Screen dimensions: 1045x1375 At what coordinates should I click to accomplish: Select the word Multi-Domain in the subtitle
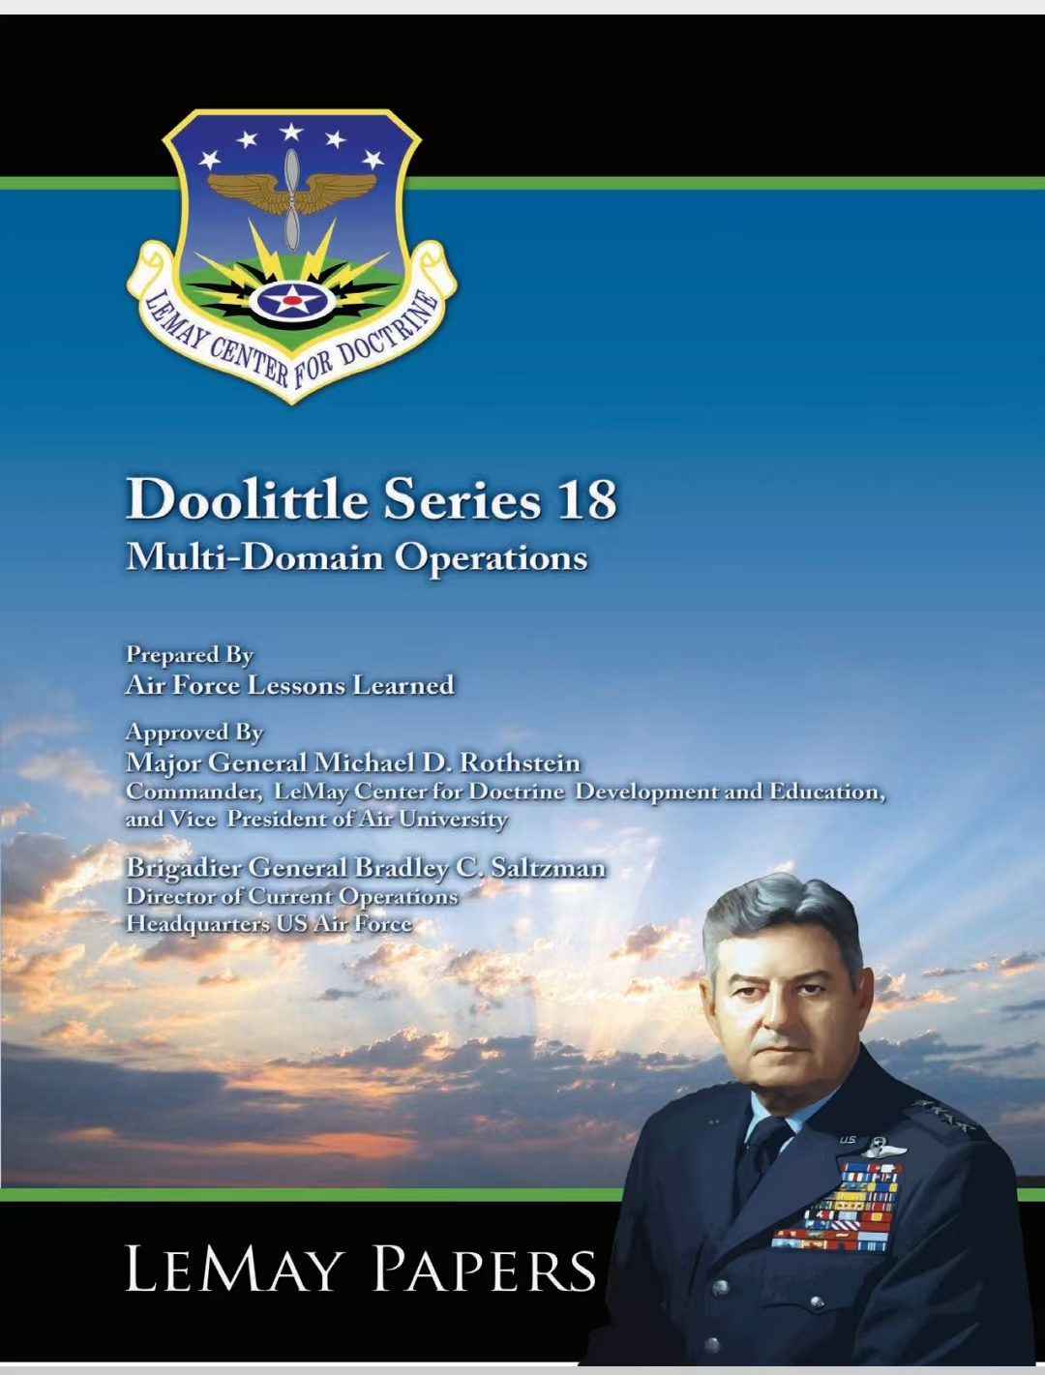coord(254,556)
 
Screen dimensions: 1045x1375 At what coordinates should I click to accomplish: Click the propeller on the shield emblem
coord(292,198)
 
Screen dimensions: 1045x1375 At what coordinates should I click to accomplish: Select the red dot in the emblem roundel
coord(292,300)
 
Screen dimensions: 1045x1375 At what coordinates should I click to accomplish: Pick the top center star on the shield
coord(291,133)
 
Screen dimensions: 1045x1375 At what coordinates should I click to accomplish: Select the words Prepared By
coord(190,655)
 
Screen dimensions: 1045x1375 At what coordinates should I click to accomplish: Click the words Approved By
coord(194,732)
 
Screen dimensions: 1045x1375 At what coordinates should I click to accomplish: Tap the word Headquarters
coord(197,924)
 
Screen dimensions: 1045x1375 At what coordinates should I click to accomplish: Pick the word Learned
coord(403,685)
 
